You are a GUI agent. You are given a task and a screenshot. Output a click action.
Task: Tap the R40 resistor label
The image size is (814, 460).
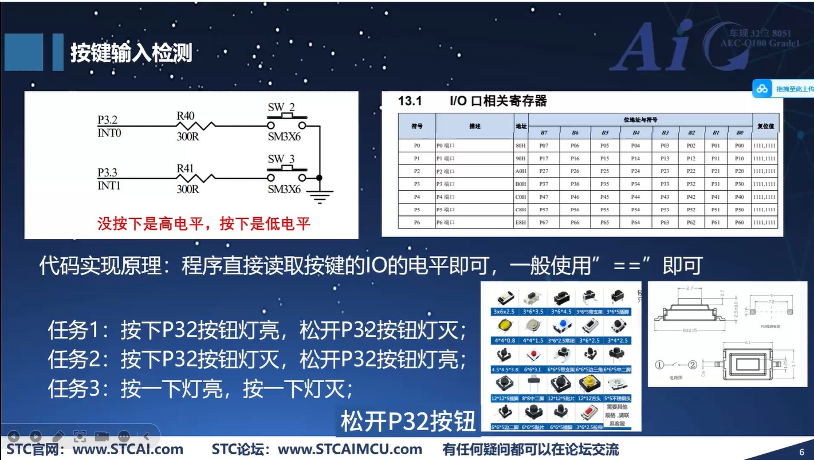click(x=185, y=116)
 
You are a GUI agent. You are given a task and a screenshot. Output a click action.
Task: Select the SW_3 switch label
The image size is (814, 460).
click(x=281, y=159)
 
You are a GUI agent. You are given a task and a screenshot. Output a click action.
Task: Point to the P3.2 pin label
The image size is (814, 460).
click(x=107, y=120)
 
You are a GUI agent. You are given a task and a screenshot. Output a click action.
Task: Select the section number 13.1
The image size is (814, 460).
click(x=410, y=101)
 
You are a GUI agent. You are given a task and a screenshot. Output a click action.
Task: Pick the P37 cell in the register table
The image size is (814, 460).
click(x=544, y=184)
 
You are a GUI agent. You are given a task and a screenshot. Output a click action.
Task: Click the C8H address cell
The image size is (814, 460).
click(x=521, y=210)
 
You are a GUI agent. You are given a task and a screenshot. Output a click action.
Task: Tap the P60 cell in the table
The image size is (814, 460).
click(x=739, y=222)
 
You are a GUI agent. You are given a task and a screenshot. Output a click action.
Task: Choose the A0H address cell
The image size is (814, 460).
click(x=521, y=171)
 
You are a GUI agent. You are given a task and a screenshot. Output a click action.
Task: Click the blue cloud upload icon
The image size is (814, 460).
click(x=762, y=89)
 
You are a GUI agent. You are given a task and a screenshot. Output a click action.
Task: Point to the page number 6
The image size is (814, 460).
click(x=802, y=451)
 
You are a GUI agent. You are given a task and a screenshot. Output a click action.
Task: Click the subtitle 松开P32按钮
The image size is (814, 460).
click(x=408, y=422)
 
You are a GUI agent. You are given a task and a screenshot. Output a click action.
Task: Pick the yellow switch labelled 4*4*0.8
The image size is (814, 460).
click(x=505, y=326)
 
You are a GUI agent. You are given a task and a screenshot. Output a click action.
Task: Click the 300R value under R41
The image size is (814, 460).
click(x=187, y=189)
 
